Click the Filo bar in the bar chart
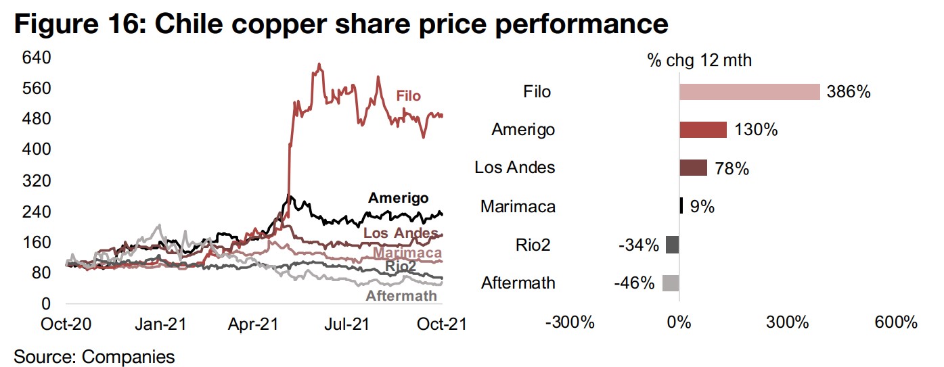[749, 92]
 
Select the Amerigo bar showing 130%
[702, 130]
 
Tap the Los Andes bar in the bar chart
[693, 168]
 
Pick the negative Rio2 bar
[672, 245]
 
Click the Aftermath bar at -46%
[670, 283]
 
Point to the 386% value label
[848, 92]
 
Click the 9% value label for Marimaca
[702, 206]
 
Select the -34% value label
[638, 245]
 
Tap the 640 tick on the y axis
[38, 57]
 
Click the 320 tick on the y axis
[38, 180]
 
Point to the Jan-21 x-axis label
[161, 324]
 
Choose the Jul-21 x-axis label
[346, 324]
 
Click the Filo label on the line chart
[408, 96]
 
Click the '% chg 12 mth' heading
[699, 60]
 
